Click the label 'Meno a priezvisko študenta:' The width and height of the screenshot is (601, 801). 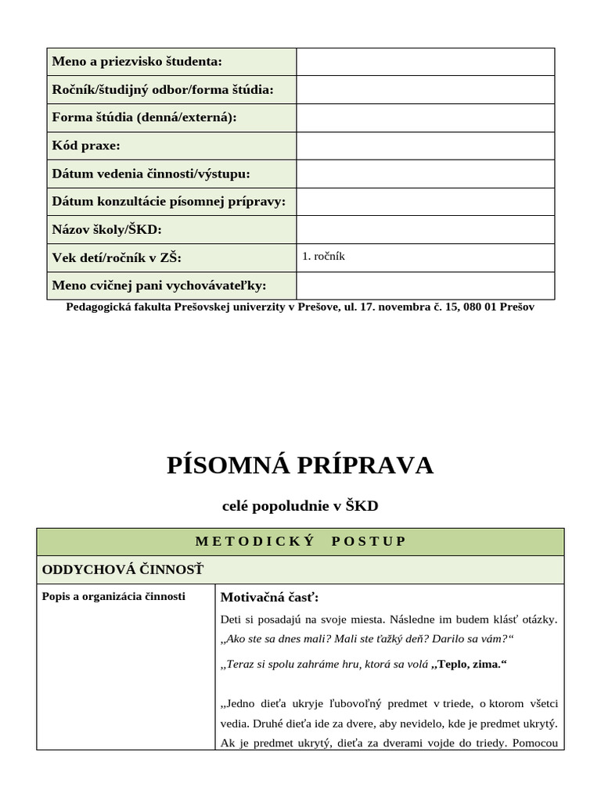pos(137,62)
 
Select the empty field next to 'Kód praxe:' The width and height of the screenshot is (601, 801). pos(425,146)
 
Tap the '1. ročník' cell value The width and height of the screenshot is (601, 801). pos(323,256)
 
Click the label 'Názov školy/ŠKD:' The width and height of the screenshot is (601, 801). pos(106,230)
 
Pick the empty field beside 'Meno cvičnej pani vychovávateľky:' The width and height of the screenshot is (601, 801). pos(425,286)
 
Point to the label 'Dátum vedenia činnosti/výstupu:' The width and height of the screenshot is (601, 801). pos(151,174)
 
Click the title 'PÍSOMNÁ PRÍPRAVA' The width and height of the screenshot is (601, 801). pos(300,465)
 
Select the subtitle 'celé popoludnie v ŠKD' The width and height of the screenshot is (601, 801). pos(300,506)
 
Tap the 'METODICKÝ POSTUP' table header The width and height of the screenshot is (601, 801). pos(300,541)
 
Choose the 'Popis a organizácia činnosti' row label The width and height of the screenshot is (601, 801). pos(113,596)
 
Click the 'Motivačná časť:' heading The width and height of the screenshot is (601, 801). pos(269,598)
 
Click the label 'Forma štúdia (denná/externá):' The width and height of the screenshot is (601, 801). pos(144,117)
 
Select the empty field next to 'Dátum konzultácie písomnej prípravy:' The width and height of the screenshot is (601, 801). pos(425,202)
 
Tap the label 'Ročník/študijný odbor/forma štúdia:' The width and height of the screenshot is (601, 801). pos(163,90)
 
